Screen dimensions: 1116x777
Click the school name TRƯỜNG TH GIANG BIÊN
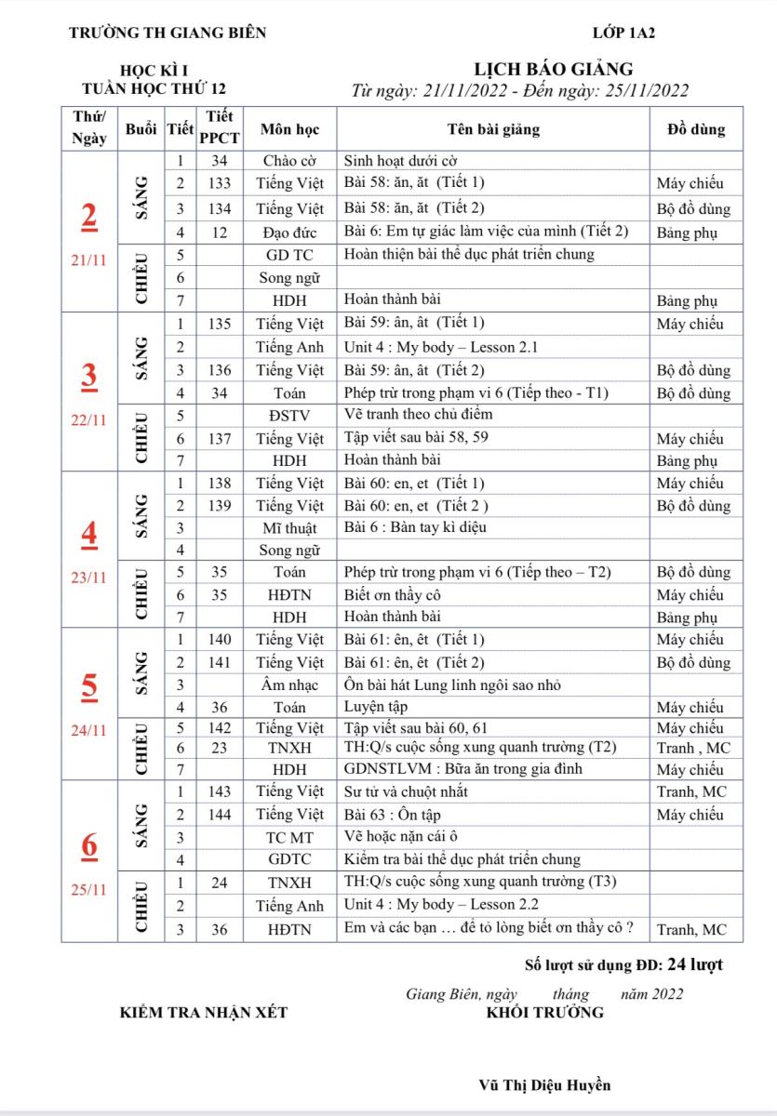(x=167, y=33)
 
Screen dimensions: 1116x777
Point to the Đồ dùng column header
(x=695, y=129)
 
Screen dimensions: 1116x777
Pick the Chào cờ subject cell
(x=289, y=160)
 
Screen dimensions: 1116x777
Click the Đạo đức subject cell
(x=289, y=232)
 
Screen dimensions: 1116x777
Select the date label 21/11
(x=88, y=261)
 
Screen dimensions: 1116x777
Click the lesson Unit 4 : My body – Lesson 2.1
(x=441, y=348)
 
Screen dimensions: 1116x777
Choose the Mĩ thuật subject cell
(x=289, y=527)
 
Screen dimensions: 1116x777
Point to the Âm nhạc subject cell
(x=289, y=685)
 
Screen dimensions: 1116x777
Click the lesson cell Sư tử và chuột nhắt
(x=406, y=791)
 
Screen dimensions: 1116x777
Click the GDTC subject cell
(x=289, y=859)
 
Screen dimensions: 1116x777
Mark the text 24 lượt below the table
(x=695, y=964)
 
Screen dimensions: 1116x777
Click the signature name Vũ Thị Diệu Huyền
(x=544, y=1084)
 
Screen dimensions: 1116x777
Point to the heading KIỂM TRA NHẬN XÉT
(x=204, y=1012)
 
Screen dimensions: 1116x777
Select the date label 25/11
(x=88, y=889)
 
